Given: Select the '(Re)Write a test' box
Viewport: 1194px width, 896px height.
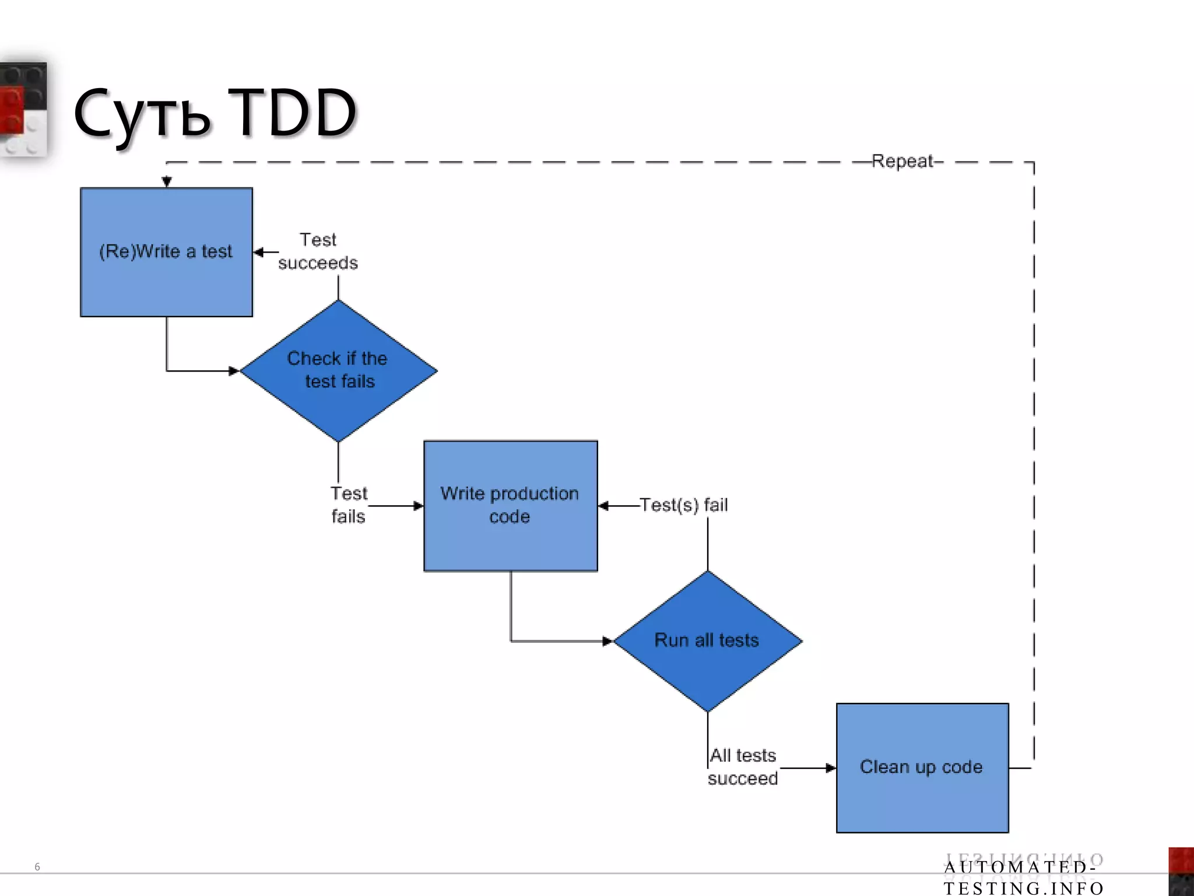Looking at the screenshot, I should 166,252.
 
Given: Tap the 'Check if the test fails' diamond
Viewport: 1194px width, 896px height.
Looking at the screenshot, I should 338,370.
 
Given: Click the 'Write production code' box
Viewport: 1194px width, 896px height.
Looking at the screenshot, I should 510,506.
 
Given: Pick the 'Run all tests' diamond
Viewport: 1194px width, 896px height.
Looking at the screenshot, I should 707,640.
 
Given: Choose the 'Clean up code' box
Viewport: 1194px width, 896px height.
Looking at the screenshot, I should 922,767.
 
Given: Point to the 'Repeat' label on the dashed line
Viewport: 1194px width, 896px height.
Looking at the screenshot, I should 902,161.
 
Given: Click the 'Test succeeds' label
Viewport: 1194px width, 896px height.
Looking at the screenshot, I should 318,251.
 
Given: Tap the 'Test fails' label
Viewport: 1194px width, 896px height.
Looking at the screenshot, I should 349,505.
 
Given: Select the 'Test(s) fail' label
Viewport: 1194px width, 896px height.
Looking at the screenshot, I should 684,505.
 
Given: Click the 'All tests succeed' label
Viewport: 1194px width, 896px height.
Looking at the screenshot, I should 743,767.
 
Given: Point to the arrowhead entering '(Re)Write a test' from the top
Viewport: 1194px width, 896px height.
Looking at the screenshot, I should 167,182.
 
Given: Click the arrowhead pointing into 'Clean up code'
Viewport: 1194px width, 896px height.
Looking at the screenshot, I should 830,768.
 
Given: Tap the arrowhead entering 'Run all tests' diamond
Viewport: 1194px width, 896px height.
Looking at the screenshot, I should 607,641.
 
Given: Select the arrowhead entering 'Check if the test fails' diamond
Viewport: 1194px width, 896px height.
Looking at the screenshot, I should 234,371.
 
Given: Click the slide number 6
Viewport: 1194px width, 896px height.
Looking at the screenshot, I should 37,867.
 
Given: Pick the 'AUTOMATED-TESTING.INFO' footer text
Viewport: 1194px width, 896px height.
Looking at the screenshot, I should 1023,877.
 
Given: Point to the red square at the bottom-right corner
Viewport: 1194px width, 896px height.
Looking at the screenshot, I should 1182,861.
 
